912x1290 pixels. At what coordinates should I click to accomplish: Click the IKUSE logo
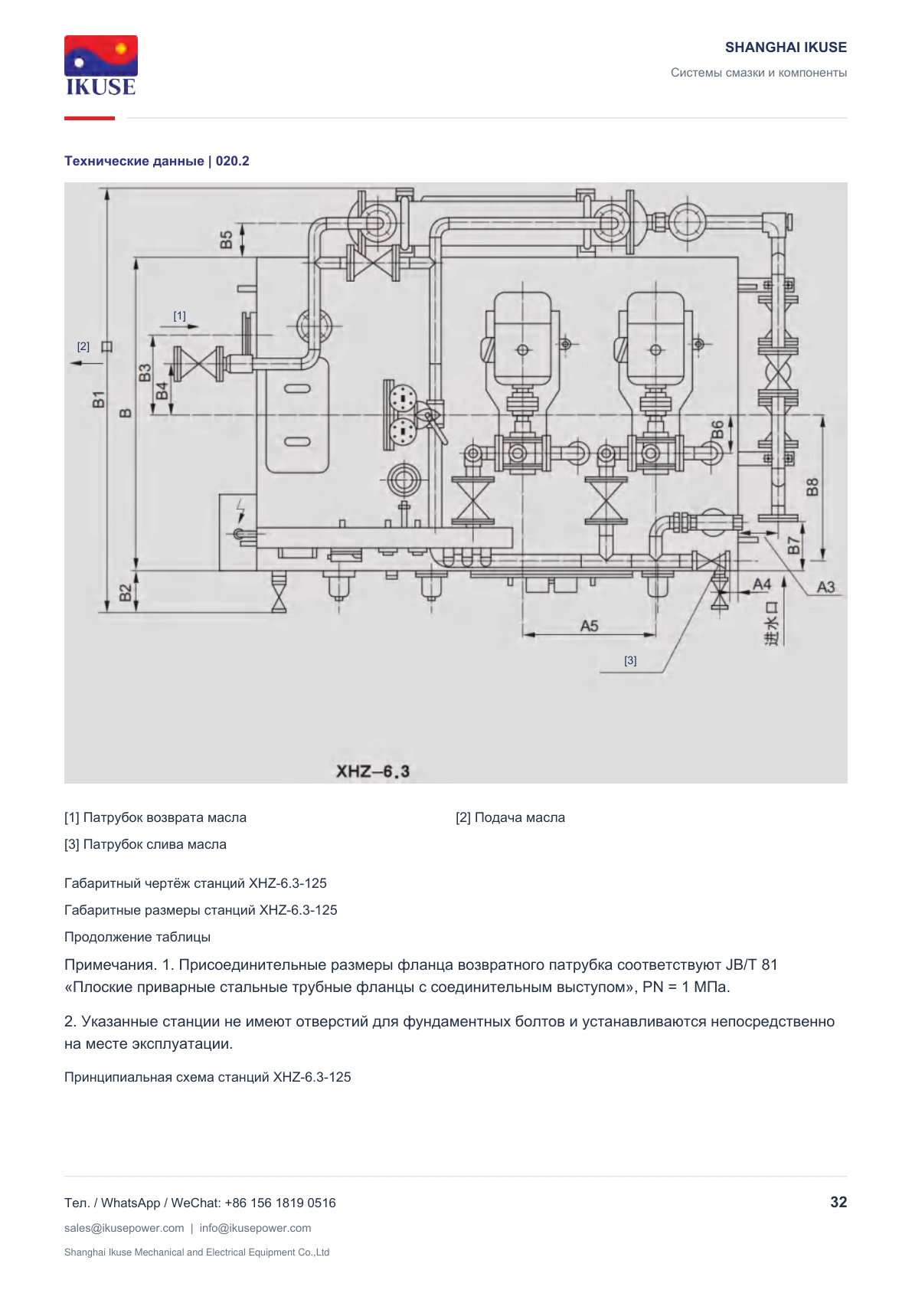pos(101,65)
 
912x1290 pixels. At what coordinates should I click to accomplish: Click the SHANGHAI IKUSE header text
pos(786,47)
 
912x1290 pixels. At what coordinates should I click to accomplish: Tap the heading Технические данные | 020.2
pos(157,161)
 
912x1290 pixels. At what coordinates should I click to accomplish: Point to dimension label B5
pos(226,240)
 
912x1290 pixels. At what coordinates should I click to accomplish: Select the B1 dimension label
pos(99,399)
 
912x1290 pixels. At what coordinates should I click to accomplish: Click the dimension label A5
pos(589,625)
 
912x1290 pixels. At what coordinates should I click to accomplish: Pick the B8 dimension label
pos(812,487)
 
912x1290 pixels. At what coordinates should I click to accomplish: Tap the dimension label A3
pos(825,587)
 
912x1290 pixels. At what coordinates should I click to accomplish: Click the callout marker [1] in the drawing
pos(180,316)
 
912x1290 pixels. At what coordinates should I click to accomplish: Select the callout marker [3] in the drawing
pos(630,660)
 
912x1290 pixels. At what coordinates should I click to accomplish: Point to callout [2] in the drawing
pos(83,346)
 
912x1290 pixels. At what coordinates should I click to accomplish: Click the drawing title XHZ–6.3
pos(372,771)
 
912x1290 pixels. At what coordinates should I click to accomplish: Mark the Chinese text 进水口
pos(771,623)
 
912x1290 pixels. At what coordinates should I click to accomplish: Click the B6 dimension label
pos(718,430)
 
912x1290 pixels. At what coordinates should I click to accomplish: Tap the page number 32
pos(838,1202)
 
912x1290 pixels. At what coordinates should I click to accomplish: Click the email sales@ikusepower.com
pos(124,1228)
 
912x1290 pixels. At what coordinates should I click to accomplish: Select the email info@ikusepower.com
pos(255,1228)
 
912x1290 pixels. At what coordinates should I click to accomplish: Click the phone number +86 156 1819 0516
pos(279,1203)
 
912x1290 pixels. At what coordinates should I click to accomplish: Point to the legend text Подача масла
pos(519,817)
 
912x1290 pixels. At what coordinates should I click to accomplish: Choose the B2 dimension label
pos(126,593)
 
